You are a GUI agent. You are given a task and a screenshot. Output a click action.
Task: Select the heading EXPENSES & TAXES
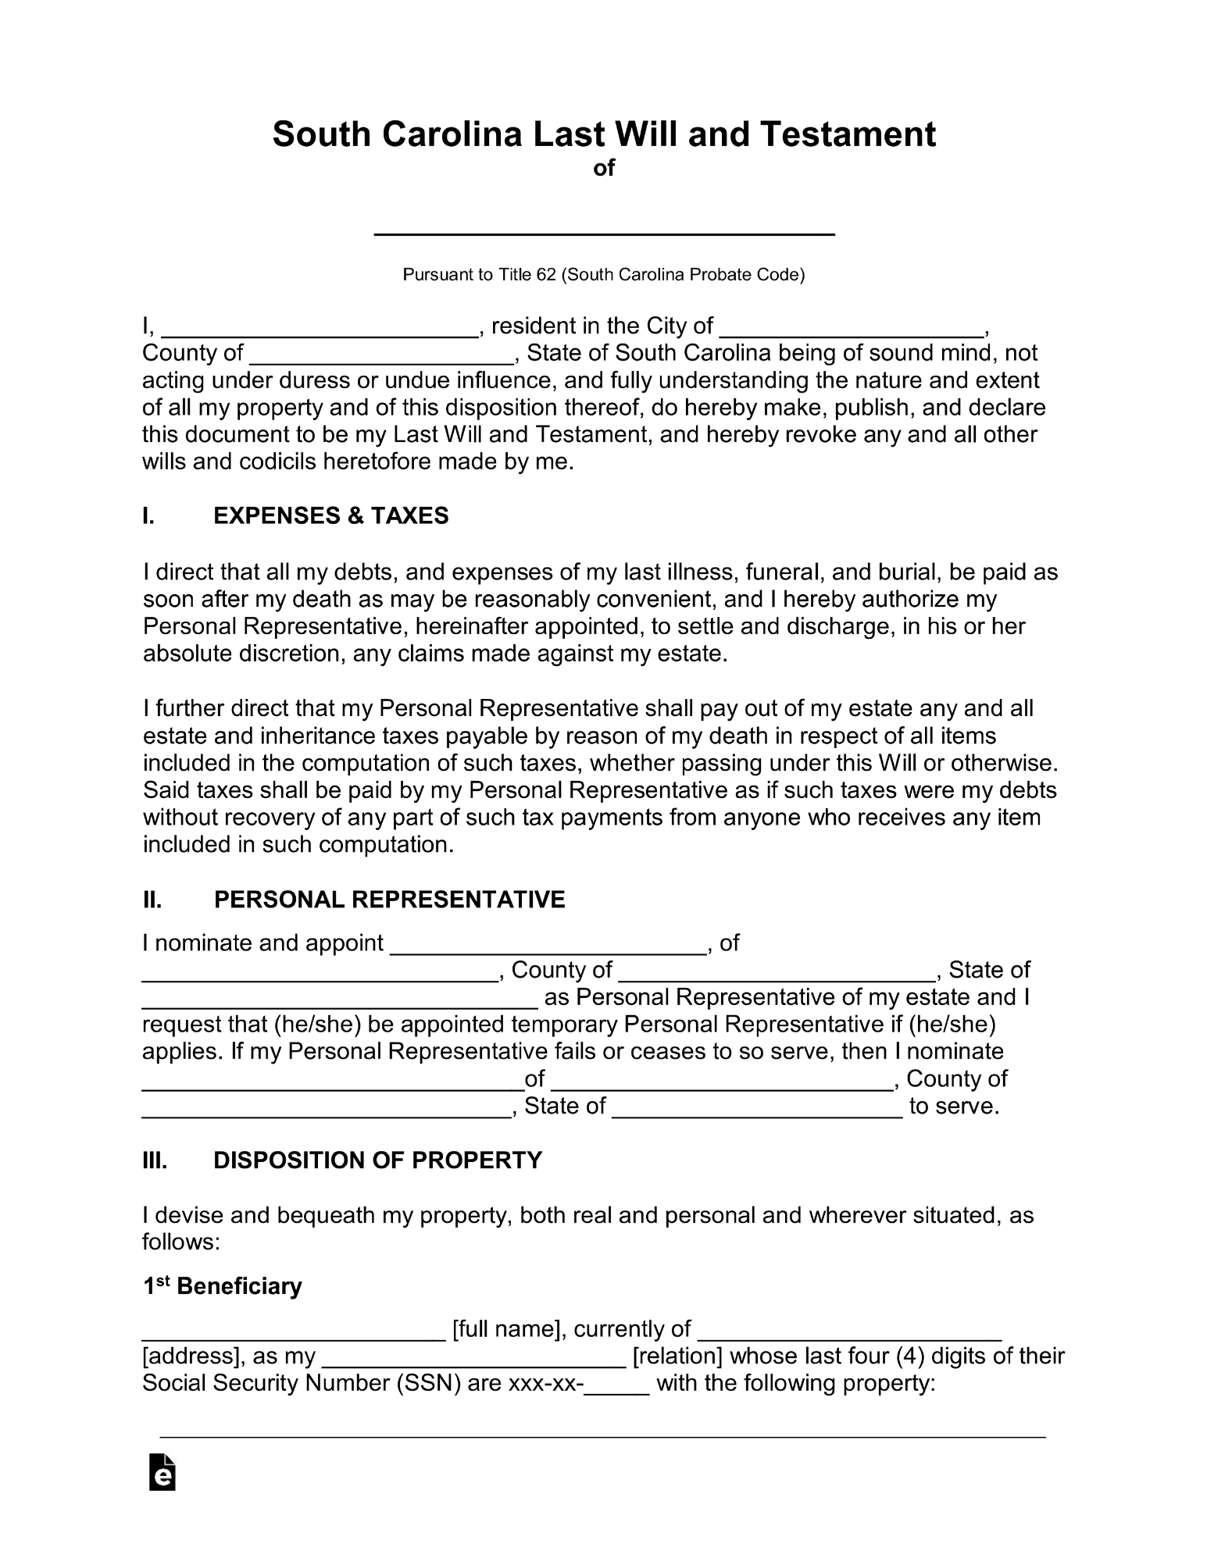tap(331, 515)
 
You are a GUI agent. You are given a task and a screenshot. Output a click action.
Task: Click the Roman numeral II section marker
tap(152, 900)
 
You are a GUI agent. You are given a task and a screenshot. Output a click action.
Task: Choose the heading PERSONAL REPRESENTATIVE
tap(389, 900)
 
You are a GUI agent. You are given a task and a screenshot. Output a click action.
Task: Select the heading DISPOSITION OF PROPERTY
tap(377, 1160)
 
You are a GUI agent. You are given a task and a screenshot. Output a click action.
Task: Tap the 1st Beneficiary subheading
tap(223, 1286)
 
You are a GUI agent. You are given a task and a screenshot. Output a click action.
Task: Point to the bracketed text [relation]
tap(677, 1356)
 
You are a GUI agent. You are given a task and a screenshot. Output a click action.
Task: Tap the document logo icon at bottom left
tap(162, 1473)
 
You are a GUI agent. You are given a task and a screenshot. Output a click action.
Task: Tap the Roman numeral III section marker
tap(155, 1160)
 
